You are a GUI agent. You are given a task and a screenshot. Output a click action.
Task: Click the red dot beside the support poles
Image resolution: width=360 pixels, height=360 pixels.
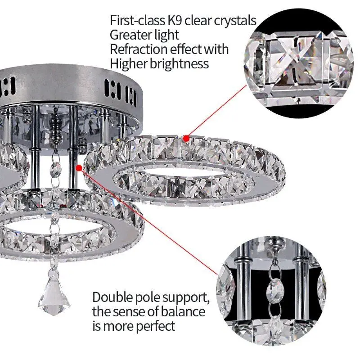[x=80, y=168]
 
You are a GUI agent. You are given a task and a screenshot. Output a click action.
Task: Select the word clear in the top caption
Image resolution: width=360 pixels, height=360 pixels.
[x=202, y=21]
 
